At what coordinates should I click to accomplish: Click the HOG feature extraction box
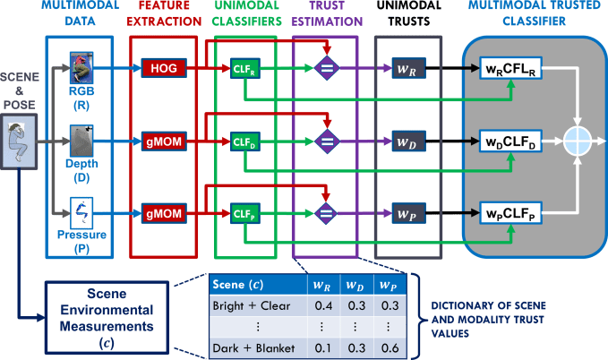coord(163,68)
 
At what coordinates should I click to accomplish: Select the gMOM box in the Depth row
coord(163,141)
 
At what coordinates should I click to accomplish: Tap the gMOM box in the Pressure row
coord(163,214)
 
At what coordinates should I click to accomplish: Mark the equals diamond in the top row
coord(327,69)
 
